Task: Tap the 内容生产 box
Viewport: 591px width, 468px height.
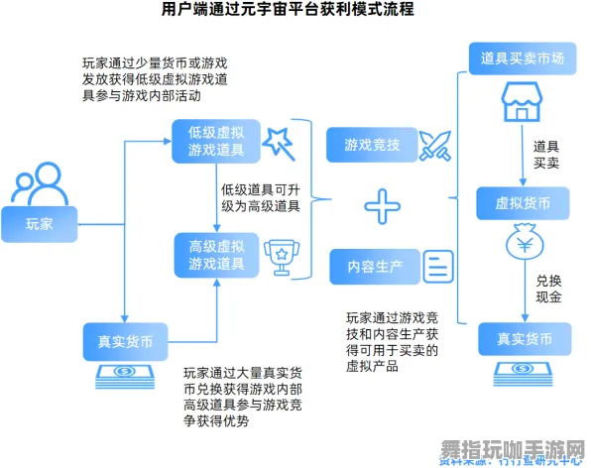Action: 375,266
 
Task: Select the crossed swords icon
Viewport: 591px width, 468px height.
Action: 434,146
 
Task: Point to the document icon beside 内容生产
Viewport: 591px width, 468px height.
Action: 438,266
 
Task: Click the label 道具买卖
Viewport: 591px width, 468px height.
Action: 546,154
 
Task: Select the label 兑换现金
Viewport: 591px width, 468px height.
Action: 548,289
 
